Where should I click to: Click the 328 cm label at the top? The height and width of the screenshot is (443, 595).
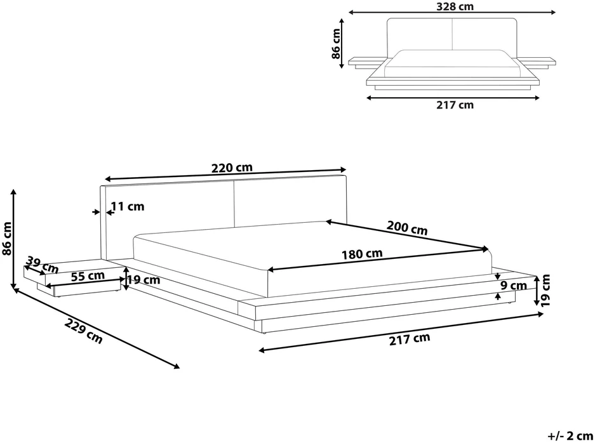pos(455,6)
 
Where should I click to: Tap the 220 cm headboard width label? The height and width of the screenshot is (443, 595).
pos(232,168)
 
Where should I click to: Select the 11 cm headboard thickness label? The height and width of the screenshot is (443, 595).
pos(128,207)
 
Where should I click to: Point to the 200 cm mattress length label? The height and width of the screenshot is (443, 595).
pos(407,228)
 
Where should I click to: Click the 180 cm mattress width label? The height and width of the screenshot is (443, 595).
pos(362,254)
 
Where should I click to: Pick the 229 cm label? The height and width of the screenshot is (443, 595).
pos(83,331)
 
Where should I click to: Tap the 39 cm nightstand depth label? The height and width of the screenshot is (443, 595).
pos(42,265)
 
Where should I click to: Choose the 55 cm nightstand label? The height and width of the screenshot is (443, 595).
pos(88,275)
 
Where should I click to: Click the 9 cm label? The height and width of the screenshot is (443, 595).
pos(514,286)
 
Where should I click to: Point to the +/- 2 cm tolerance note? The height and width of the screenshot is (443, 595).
pos(570,435)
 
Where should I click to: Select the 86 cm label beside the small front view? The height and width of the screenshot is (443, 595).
pos(336,44)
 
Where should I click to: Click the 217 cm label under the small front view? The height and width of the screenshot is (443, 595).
pos(455,105)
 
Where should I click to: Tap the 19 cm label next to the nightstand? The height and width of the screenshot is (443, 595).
pos(143,280)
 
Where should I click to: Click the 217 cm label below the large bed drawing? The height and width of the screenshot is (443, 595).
pos(410,339)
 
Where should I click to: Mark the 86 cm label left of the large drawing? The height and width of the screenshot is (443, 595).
pos(7,238)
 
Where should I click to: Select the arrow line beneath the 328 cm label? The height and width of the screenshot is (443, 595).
pos(452,13)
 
